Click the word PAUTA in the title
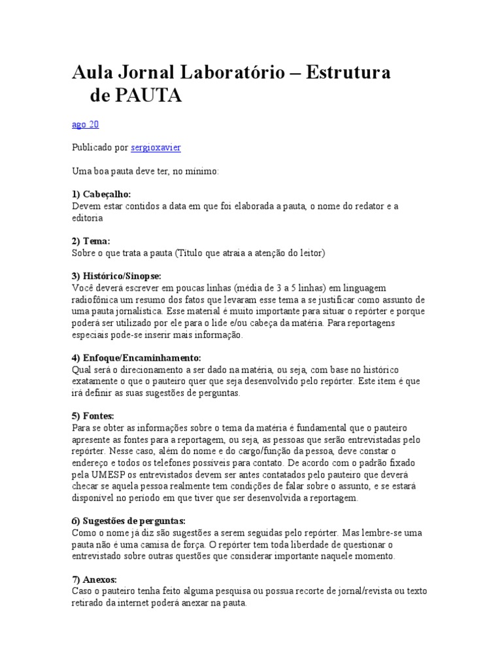148,96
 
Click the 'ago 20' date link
85,124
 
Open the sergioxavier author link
156,148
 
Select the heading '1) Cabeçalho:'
101,195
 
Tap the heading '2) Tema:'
91,241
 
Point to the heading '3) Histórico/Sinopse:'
116,276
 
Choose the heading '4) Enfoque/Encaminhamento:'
136,358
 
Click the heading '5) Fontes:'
93,416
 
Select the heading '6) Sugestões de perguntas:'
129,521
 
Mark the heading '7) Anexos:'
95,579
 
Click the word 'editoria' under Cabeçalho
87,218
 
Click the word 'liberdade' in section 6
316,544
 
